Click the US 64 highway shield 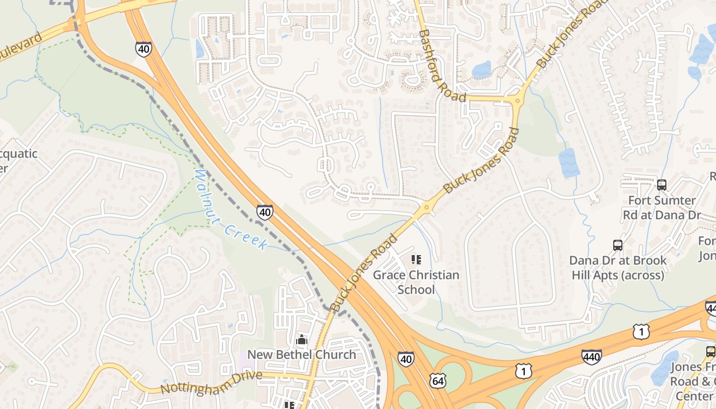coord(438,380)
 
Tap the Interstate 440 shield coord(591,356)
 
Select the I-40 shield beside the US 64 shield coord(406,359)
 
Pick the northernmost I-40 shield coord(144,49)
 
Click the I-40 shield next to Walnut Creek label coord(264,212)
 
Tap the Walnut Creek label coord(231,210)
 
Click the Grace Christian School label coord(416,282)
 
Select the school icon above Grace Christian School coord(416,260)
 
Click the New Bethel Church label coord(301,354)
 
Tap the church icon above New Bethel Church coord(301,340)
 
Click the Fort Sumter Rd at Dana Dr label coord(662,207)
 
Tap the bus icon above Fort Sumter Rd coord(662,185)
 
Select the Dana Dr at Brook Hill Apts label coord(618,267)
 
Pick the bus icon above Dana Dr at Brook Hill coord(618,245)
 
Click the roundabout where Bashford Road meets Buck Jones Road coord(517,100)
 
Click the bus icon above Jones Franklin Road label coord(710,352)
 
